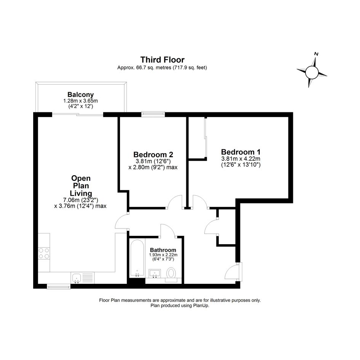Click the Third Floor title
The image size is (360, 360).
coord(162,60)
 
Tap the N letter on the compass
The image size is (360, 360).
coord(316,54)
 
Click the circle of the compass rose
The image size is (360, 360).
coord(312,72)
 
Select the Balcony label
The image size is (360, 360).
coord(81,94)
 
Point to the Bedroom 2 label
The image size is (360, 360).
coord(153,154)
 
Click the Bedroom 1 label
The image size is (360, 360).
coord(241,152)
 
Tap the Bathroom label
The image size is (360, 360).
coord(163,250)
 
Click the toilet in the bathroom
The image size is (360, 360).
coord(171,274)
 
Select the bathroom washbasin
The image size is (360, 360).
coord(155,274)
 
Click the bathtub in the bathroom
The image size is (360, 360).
coord(137,258)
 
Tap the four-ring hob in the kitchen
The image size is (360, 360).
coord(44,253)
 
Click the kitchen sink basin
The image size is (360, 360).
coord(76,278)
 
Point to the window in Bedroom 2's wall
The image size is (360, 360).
coord(153,114)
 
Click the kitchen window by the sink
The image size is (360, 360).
coord(59,286)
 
